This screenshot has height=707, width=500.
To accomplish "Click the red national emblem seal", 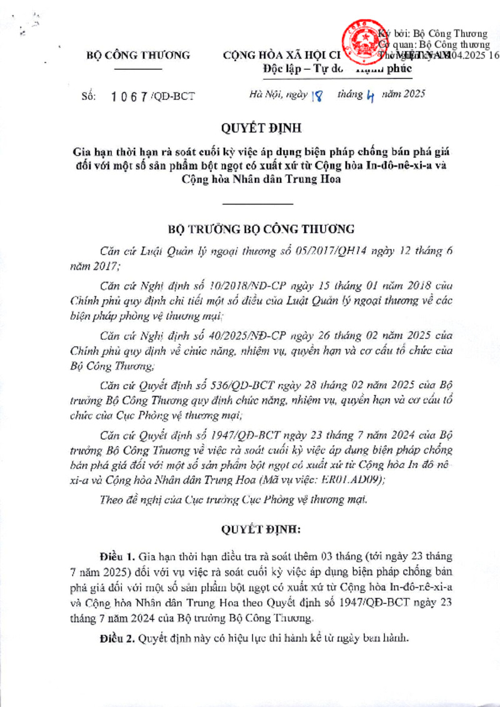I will [x=361, y=43].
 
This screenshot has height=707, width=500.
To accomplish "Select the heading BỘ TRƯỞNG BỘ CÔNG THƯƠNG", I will [x=261, y=228].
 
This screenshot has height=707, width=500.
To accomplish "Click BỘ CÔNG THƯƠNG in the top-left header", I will [x=137, y=56].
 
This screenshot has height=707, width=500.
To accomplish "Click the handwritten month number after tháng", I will [x=370, y=95].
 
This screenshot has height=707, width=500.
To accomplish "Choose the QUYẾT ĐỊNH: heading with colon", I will [x=261, y=529].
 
